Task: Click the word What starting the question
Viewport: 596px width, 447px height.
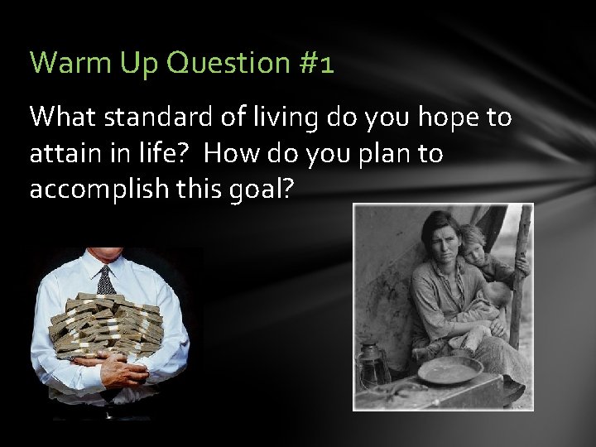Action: point(64,118)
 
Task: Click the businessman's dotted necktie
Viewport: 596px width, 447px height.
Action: point(106,281)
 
